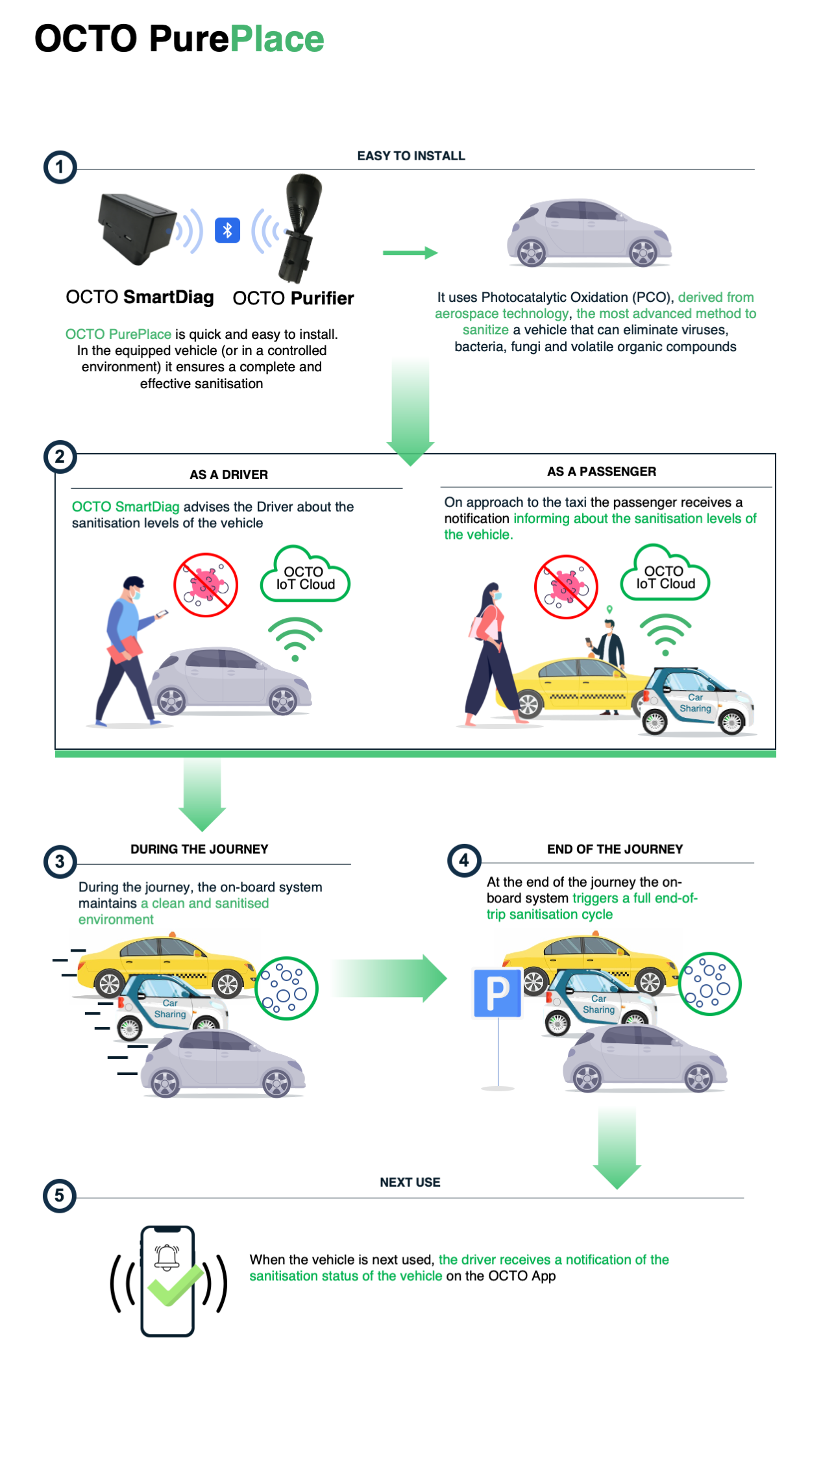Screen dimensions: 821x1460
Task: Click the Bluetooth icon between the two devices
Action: click(227, 230)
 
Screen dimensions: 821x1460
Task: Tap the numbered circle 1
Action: click(60, 167)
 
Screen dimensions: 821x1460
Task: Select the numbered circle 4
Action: click(464, 861)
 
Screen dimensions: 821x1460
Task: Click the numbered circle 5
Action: click(60, 1196)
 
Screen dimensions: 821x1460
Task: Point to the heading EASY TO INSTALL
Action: click(411, 156)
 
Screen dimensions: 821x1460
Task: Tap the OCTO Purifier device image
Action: click(299, 227)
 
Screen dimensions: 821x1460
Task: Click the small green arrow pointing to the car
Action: click(410, 253)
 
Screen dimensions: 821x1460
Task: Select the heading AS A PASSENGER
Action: click(602, 471)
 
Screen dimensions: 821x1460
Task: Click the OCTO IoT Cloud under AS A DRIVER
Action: click(305, 575)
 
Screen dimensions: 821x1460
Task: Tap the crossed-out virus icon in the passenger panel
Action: click(566, 587)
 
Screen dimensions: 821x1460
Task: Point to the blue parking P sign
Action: click(498, 993)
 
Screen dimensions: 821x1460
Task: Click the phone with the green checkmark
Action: click(168, 1281)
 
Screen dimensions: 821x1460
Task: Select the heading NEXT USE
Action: click(410, 1182)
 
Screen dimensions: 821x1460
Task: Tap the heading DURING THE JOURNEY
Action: click(199, 849)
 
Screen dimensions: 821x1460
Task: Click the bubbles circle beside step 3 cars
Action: click(286, 988)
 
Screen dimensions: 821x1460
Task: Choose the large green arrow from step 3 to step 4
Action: click(389, 978)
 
